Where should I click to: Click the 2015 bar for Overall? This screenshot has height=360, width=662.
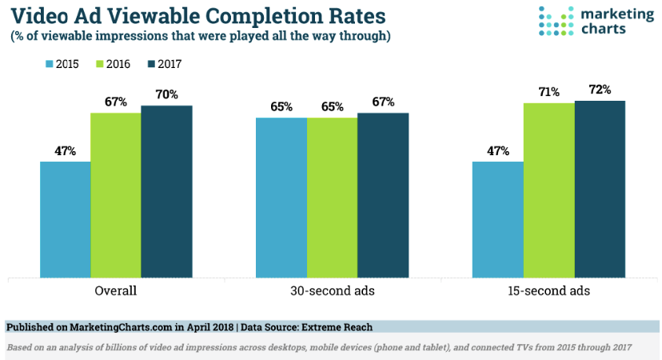(x=66, y=219)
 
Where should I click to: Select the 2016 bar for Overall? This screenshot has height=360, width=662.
(x=116, y=195)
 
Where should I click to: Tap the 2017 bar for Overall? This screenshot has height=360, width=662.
(x=166, y=191)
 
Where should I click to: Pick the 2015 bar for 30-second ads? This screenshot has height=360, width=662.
(x=281, y=198)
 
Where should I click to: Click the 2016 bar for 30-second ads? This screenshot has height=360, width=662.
(x=332, y=198)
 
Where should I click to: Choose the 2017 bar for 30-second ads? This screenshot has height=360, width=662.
(x=382, y=195)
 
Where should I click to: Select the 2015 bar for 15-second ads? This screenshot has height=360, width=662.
(x=497, y=219)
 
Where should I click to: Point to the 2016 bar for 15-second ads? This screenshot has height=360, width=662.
(x=548, y=190)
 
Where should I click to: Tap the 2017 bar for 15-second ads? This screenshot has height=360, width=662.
(x=599, y=189)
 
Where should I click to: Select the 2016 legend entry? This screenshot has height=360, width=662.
(x=113, y=62)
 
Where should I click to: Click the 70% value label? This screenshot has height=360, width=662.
(x=166, y=95)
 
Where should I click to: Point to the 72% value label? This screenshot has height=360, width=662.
(x=599, y=90)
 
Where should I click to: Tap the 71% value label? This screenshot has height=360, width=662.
(x=548, y=92)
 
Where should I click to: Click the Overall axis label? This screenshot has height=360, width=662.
(x=116, y=291)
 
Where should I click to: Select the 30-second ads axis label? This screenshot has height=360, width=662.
(x=332, y=291)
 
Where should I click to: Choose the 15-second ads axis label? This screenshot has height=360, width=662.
(x=548, y=291)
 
